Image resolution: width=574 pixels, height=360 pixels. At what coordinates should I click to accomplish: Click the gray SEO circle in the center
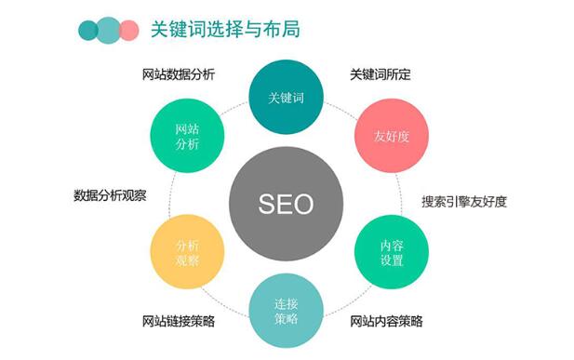(286, 201)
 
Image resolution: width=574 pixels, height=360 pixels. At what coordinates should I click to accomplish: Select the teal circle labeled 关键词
(286, 97)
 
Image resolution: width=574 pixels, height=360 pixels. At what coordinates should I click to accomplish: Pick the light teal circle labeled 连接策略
(286, 308)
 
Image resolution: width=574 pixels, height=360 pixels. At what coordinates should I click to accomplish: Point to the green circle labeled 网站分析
(187, 138)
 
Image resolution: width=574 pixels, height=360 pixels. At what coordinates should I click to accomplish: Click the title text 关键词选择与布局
(225, 30)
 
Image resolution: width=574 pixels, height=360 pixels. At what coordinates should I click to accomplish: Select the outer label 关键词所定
(380, 74)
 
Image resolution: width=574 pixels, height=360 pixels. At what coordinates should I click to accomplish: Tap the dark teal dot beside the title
(89, 30)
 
